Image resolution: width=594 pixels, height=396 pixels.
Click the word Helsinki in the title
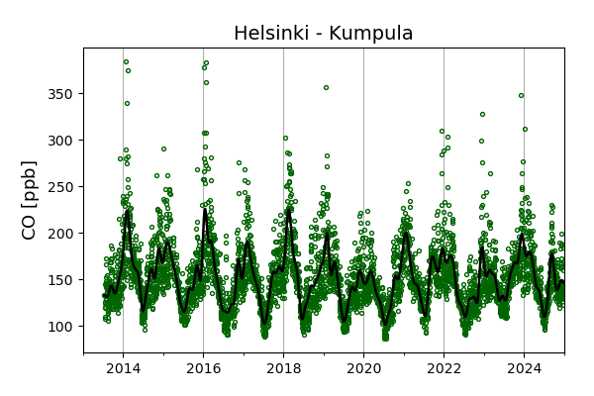click(273, 34)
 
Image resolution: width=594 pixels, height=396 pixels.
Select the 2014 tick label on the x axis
click(123, 369)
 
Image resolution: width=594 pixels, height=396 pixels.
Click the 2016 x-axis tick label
click(203, 369)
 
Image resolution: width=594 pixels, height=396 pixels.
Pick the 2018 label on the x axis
click(283, 369)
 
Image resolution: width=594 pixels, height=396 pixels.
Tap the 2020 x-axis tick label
click(363, 369)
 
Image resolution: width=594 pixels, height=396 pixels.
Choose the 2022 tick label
click(444, 369)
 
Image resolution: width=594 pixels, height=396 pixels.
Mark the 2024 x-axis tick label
click(524, 369)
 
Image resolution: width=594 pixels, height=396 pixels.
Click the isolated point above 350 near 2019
click(326, 87)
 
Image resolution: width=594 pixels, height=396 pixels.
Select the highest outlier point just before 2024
click(521, 96)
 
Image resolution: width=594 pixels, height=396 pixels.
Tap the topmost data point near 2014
click(126, 61)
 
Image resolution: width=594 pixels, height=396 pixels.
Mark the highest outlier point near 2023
click(482, 114)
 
